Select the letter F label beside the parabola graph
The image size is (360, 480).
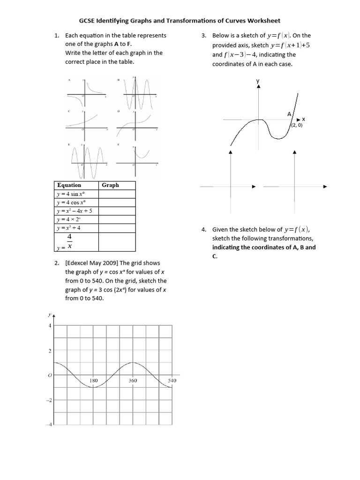tap(119, 144)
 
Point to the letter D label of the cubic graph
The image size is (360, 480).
tap(119, 112)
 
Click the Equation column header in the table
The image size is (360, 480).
tap(69, 185)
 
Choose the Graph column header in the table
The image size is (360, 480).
tap(110, 185)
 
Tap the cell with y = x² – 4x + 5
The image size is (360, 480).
tap(75, 211)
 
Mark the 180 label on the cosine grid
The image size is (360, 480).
tap(93, 381)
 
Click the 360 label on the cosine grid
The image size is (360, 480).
tap(133, 381)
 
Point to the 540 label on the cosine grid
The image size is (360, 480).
tap(172, 381)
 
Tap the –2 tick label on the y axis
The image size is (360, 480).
tap(49, 400)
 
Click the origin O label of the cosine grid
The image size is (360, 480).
tap(49, 375)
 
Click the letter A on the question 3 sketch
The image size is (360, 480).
tap(289, 114)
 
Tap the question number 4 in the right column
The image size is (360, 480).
tap(203, 230)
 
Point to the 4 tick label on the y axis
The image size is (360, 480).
tap(50, 325)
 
